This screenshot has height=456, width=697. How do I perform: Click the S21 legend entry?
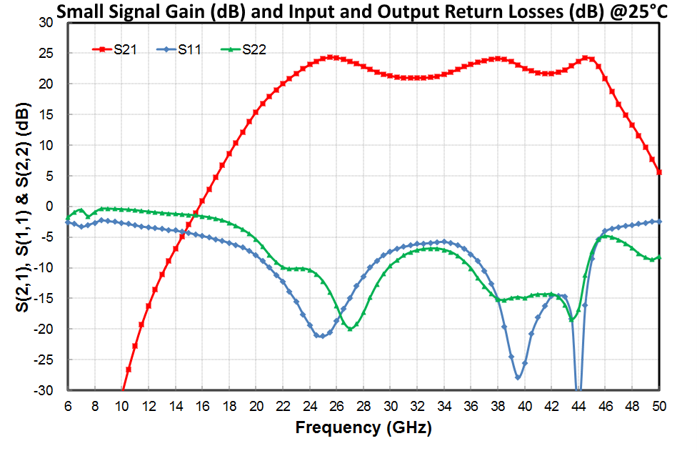pos(125,49)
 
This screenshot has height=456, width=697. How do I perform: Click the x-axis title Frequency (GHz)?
pos(363,428)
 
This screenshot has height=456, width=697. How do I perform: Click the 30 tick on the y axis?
pos(46,23)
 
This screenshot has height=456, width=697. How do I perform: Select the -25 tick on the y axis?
pos(44,360)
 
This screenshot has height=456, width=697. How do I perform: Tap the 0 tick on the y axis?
pos(50,207)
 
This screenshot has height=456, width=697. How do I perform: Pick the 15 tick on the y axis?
pos(46,114)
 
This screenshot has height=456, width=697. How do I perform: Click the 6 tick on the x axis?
pos(68,405)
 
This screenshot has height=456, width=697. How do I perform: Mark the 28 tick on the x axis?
pos(363,405)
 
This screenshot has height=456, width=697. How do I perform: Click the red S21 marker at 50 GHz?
pos(658,172)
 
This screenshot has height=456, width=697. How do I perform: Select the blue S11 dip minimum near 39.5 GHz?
pos(518,377)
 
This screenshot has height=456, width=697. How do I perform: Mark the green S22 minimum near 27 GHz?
pos(350,328)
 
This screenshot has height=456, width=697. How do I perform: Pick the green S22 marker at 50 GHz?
pos(658,257)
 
